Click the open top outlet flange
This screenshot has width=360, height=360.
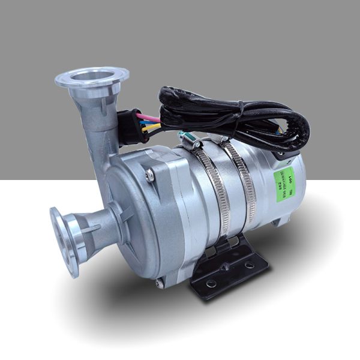(91, 77)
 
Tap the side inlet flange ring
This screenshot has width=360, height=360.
(63, 240)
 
